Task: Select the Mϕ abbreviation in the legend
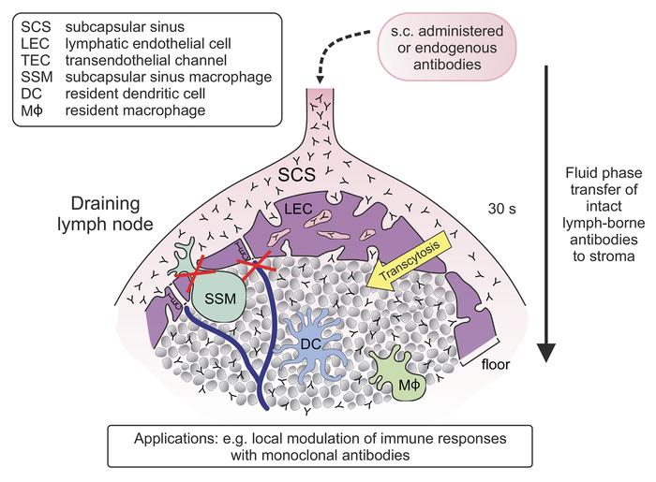(x=33, y=114)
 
